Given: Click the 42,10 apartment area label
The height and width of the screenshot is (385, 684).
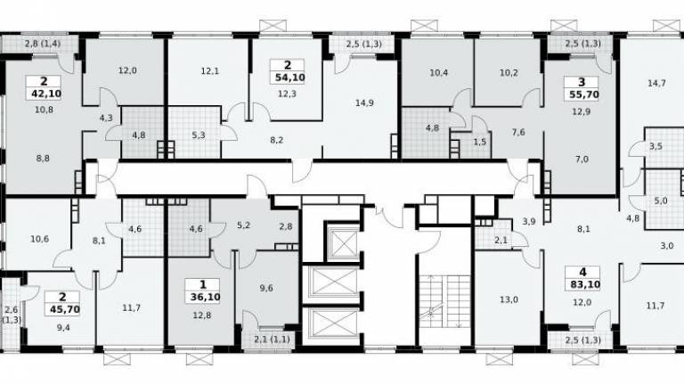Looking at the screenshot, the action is (45, 93).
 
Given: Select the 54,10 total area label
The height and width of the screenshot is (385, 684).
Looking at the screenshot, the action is (290, 78).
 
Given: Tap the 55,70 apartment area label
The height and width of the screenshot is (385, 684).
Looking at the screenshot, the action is (584, 94).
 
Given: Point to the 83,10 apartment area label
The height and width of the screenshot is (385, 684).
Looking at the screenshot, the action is (585, 284).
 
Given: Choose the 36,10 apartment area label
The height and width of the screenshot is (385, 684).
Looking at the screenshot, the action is (205, 298).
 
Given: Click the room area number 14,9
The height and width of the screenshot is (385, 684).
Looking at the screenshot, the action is (364, 103).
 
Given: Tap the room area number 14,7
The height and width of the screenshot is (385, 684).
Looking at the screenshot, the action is (656, 83).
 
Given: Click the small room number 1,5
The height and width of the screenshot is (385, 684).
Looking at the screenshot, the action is (479, 142).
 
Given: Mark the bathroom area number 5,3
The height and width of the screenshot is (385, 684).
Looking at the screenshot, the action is (199, 135).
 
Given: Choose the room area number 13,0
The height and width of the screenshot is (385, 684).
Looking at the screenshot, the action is (509, 299).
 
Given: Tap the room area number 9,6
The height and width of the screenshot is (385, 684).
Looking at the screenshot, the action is (266, 288).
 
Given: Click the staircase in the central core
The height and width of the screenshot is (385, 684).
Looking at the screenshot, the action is (445, 301).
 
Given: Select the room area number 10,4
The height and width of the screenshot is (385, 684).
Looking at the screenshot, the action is (439, 72).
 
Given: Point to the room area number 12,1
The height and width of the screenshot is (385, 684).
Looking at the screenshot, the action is (210, 70).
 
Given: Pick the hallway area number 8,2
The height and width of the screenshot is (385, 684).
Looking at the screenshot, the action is (277, 140).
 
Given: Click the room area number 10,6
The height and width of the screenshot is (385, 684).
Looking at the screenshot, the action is (40, 239).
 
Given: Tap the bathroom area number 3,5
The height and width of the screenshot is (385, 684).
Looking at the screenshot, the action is (655, 146).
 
